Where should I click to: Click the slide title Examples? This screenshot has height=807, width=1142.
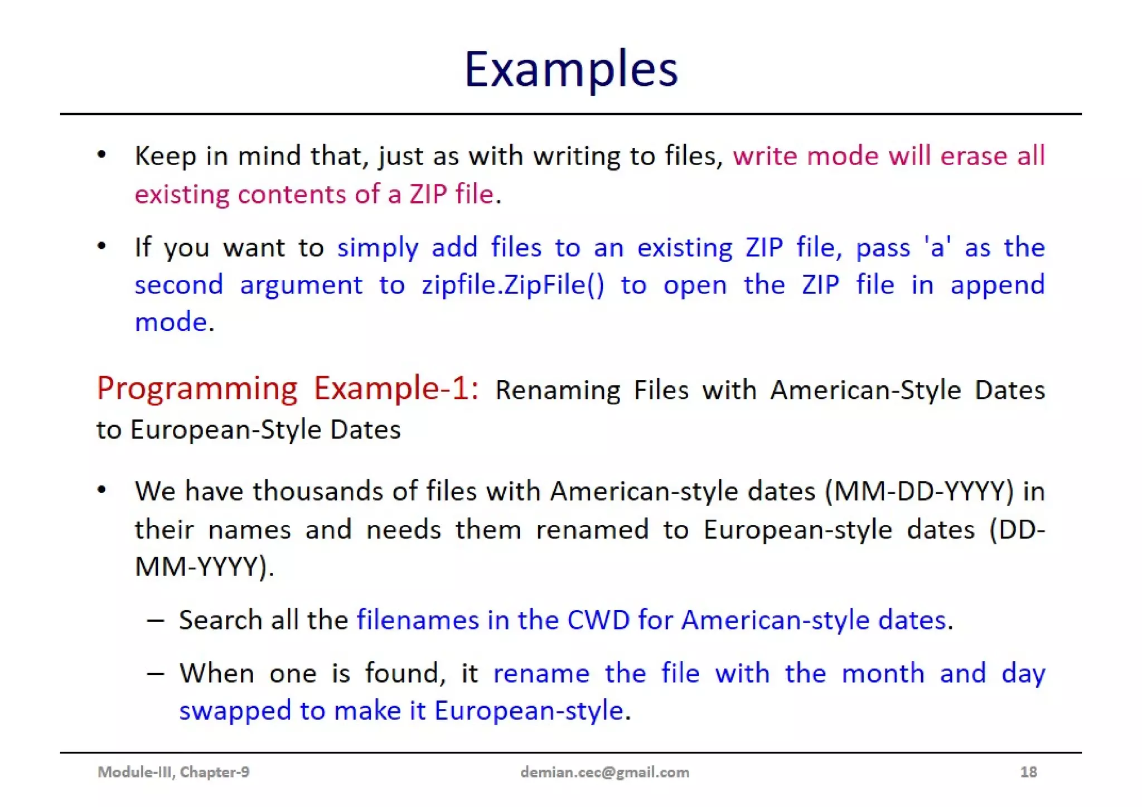coord(570,70)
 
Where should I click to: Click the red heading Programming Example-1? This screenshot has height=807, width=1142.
coord(287,388)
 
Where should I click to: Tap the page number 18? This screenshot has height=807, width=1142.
coord(1028,772)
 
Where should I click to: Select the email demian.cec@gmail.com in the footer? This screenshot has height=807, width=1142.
coord(604,772)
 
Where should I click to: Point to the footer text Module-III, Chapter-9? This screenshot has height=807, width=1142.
coord(173,772)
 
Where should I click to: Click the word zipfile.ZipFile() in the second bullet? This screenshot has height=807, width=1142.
coord(512,285)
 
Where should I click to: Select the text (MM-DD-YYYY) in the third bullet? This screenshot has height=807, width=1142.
coord(919,491)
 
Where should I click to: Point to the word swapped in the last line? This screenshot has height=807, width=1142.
coord(235,711)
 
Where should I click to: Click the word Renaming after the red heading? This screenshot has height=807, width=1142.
coord(557,390)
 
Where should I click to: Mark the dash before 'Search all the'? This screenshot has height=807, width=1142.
coord(156,620)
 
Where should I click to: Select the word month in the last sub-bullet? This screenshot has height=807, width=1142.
coord(883,673)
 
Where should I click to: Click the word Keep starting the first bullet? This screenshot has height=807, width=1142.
coord(165,156)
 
